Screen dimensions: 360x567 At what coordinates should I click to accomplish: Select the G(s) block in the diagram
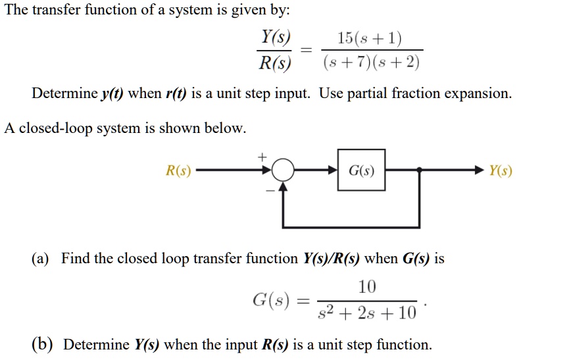click(362, 171)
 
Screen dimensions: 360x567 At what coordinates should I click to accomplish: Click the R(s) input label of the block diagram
click(178, 172)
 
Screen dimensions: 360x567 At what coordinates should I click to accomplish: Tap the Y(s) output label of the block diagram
click(501, 172)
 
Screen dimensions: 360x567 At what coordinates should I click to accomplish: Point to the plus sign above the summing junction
click(262, 157)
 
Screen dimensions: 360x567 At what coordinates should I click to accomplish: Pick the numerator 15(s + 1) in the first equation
click(370, 38)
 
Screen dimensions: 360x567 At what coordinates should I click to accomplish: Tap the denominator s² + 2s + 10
click(367, 311)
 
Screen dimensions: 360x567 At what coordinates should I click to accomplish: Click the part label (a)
click(41, 259)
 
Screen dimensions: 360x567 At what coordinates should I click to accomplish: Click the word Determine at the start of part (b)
click(96, 344)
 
